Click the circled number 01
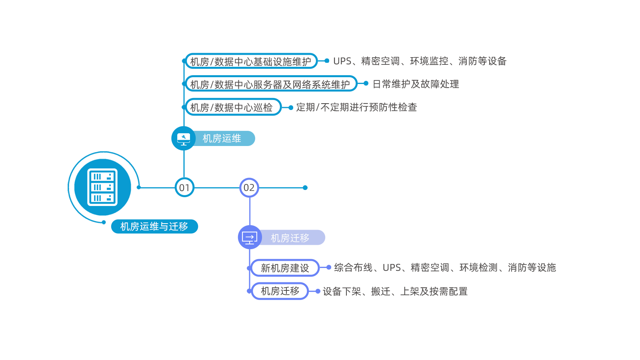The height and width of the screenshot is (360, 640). click(184, 188)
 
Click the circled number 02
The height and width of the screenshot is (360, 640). click(249, 188)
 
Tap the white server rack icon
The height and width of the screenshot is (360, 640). click(102, 187)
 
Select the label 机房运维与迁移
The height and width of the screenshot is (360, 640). click(154, 226)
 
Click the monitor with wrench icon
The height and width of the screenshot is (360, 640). click(184, 139)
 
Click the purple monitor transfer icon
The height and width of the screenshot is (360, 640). click(250, 238)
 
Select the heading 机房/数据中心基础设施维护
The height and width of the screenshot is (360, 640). click(250, 62)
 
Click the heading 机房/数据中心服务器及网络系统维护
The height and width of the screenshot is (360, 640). click(270, 85)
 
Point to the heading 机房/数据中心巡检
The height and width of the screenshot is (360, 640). click(231, 108)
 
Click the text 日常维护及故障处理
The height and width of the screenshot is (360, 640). click(416, 84)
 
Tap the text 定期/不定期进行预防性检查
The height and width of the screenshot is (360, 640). click(356, 107)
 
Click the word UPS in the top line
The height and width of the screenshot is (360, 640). click(343, 61)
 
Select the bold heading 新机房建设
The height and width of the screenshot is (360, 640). click(285, 268)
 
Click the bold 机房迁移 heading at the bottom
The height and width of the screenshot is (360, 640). click(280, 291)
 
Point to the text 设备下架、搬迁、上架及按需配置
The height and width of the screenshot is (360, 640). click(395, 292)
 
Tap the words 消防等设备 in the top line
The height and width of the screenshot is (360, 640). click(482, 61)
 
